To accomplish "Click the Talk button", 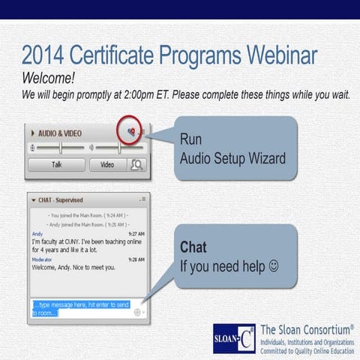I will [57, 164].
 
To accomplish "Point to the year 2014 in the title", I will [46, 55].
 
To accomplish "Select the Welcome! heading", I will [49, 78].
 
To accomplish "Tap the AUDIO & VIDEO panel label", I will [60, 133].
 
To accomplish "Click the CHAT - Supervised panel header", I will [60, 200].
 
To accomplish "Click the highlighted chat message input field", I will [82, 307].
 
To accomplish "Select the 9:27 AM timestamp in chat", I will [136, 233].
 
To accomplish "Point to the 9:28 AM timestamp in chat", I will [136, 259].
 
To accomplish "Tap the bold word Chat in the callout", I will [193, 247].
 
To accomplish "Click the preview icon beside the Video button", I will [137, 164].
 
